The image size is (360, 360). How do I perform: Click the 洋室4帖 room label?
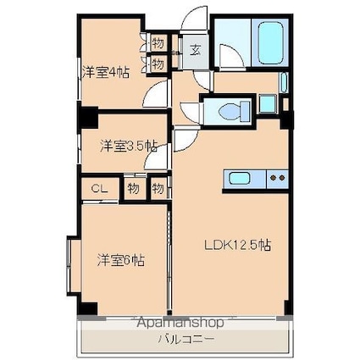point(106,72)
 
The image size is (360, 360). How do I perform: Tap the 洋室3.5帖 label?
point(129,146)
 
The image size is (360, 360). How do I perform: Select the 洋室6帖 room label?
point(121,260)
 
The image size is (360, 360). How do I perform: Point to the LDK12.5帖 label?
point(238,245)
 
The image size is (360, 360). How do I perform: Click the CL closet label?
point(99,189)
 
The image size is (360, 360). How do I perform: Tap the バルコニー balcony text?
point(186,338)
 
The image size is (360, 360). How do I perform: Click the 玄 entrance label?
point(196,51)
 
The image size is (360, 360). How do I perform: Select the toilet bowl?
point(235,111)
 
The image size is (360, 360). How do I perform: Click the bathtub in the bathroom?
point(270,42)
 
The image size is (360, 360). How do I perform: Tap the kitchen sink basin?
point(240,179)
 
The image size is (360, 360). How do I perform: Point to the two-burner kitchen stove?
point(277,179)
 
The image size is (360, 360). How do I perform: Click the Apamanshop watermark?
point(180,323)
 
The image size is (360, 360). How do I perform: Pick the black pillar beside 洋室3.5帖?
point(88,118)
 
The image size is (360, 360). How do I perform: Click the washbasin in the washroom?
point(268,104)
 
